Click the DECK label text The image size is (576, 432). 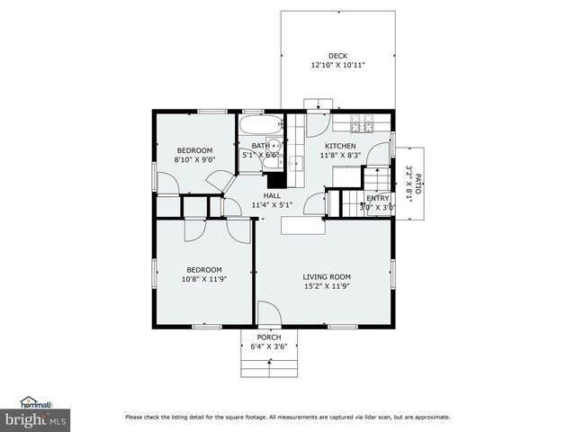(337, 56)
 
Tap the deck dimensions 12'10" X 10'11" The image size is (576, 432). (337, 66)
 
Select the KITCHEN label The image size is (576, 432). (340, 146)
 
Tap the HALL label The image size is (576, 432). (272, 195)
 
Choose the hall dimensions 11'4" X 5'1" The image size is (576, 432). (272, 205)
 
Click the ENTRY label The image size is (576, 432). (377, 198)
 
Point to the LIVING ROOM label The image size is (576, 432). (326, 277)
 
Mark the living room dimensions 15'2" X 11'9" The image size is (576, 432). (326, 287)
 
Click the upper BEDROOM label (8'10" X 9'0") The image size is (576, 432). (194, 150)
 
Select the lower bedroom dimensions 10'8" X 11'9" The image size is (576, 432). (204, 280)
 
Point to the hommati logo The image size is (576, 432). (37, 402)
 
